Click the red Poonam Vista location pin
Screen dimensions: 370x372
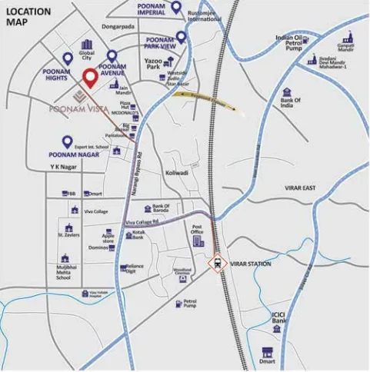click(x=89, y=78)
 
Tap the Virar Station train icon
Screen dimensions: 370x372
click(x=218, y=263)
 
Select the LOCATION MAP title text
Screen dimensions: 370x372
click(x=28, y=17)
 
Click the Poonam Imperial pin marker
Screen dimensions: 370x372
click(x=176, y=8)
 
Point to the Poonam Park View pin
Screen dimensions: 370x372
click(x=182, y=36)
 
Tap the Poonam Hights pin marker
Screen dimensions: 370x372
click(x=68, y=58)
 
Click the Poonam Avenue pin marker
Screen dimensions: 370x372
click(x=112, y=56)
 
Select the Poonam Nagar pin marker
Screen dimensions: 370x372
click(x=66, y=141)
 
